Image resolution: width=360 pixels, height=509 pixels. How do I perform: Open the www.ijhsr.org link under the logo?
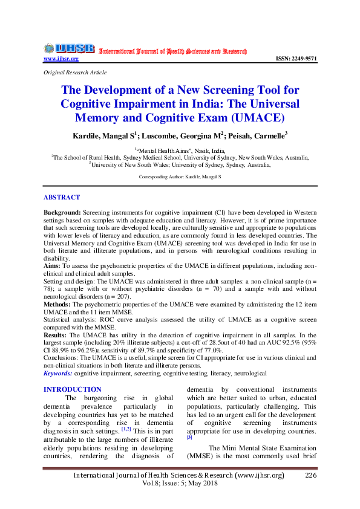point(61,59)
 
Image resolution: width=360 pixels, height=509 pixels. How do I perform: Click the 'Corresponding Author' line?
point(180,177)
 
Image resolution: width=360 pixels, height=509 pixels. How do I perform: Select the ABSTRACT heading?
point(62,197)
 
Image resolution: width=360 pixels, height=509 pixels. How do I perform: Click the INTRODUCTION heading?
point(72,389)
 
